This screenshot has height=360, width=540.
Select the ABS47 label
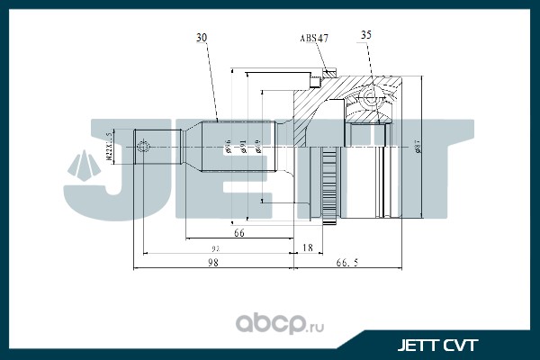tap(313, 39)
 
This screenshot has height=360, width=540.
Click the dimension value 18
tap(308, 247)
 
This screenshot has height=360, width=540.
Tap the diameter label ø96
tap(229, 146)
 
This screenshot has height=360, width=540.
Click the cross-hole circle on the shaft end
tap(144, 146)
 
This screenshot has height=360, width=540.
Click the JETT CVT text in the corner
tap(438, 344)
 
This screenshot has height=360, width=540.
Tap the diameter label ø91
tap(243, 146)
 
